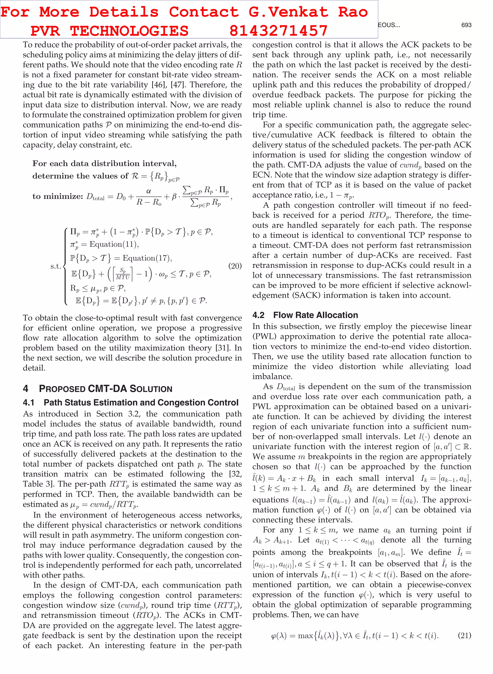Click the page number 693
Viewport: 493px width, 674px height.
point(466,25)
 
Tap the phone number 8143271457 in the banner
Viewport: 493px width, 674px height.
point(279,31)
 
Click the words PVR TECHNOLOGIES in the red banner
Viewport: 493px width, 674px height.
point(109,31)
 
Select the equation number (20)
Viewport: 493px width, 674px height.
point(235,266)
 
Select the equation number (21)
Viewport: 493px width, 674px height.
point(464,635)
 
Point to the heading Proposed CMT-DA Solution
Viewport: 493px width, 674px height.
point(106,389)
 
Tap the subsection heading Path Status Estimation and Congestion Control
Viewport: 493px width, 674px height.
point(141,402)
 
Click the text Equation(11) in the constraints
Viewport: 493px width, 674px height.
point(114,244)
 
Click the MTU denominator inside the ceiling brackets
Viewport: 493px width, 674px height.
point(123,277)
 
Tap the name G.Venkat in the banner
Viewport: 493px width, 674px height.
point(288,12)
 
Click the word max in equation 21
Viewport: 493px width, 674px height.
point(305,635)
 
